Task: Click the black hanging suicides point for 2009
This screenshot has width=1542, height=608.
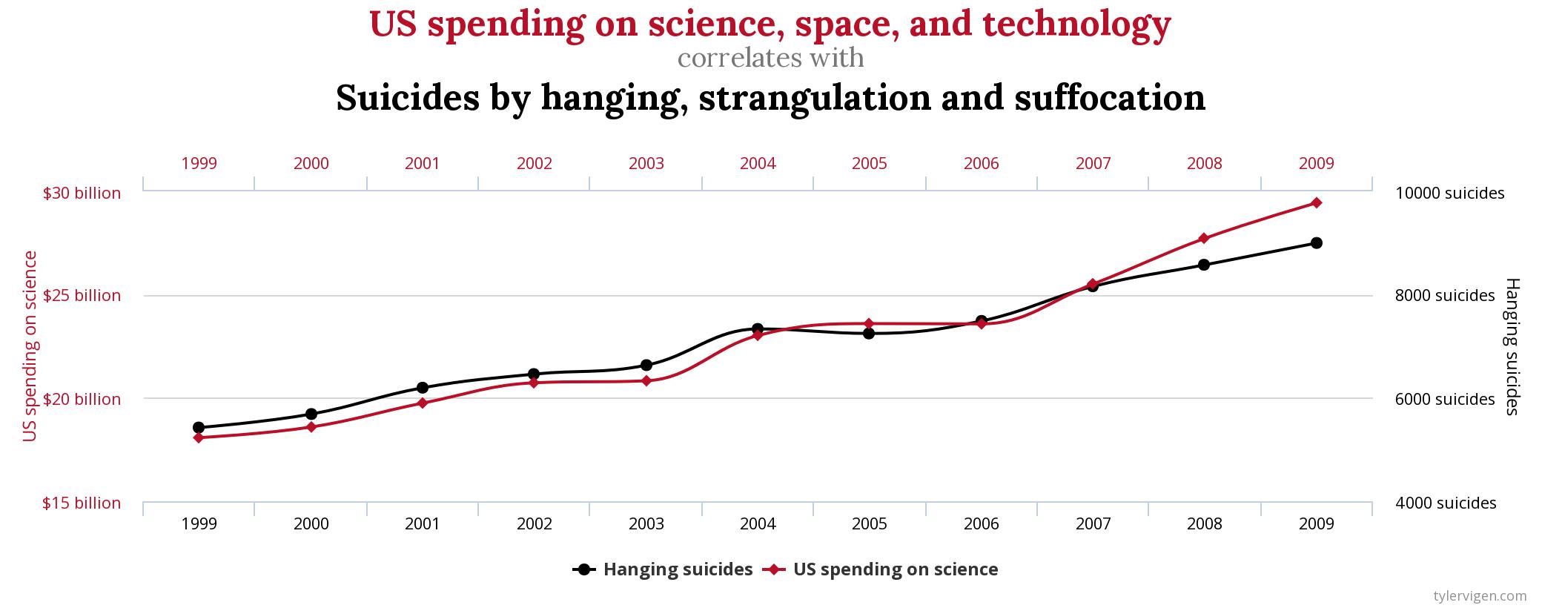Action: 1316,243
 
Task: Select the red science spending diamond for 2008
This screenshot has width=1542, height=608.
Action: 1204,238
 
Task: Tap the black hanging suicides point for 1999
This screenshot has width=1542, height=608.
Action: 199,428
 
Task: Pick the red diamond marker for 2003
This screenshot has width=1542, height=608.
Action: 646,381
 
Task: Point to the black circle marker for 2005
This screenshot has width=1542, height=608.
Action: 869,334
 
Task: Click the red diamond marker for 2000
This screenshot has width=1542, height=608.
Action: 311,427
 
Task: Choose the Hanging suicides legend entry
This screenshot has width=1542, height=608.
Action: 664,569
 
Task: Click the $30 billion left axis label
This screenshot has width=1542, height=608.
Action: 82,194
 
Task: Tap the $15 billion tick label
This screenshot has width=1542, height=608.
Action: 82,503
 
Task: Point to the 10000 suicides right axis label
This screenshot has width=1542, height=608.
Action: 1449,194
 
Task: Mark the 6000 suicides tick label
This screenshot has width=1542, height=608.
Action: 1445,400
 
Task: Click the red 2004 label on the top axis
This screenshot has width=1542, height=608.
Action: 758,163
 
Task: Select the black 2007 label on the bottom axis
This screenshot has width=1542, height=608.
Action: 1093,524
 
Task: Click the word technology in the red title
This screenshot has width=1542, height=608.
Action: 1076,24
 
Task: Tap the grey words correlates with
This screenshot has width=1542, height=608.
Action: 771,58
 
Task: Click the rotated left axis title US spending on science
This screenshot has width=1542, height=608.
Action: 30,346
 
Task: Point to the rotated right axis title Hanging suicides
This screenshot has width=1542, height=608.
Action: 1512,346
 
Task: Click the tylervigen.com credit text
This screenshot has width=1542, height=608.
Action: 1480,595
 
